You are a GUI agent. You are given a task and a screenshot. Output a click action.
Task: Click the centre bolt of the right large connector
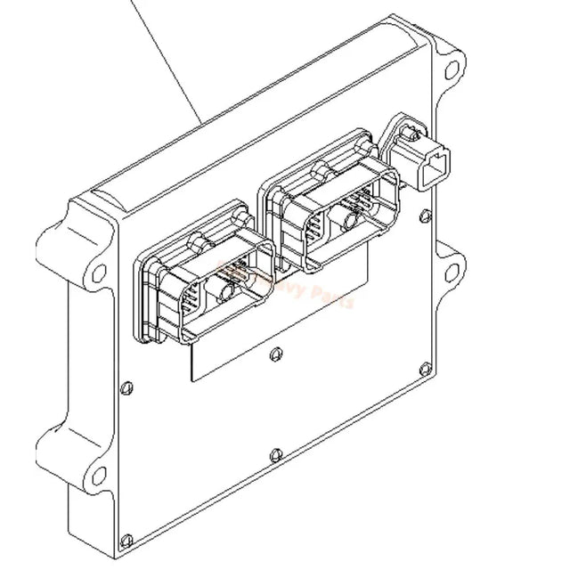point(349,215)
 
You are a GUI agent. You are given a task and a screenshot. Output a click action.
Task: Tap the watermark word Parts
point(335,298)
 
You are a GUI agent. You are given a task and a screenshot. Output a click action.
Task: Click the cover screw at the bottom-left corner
point(127,538)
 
